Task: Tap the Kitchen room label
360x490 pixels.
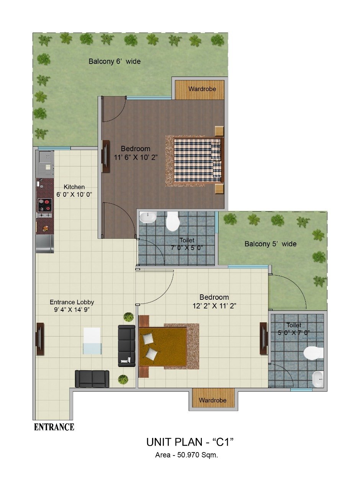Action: pos(74,187)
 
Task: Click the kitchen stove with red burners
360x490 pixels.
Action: pos(45,205)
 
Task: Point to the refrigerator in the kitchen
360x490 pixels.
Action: pos(45,244)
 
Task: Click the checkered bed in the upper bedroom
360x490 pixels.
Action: pos(197,161)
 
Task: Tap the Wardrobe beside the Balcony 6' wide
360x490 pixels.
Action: pos(200,90)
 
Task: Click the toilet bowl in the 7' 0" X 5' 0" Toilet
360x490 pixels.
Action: pos(173,222)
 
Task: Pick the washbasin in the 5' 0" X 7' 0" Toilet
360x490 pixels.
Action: pos(318,379)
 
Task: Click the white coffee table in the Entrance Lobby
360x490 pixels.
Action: pos(92,341)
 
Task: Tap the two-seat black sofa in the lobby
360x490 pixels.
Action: pos(92,379)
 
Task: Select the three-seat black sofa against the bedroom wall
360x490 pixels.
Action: pos(127,346)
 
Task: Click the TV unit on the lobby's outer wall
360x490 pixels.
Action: pos(40,339)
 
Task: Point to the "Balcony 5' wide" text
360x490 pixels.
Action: pos(270,244)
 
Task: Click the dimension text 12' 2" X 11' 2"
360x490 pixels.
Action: pos(214,305)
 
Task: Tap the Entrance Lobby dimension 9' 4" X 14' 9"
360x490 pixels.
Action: pos(72,310)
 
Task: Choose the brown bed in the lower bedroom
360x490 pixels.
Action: pos(163,346)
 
